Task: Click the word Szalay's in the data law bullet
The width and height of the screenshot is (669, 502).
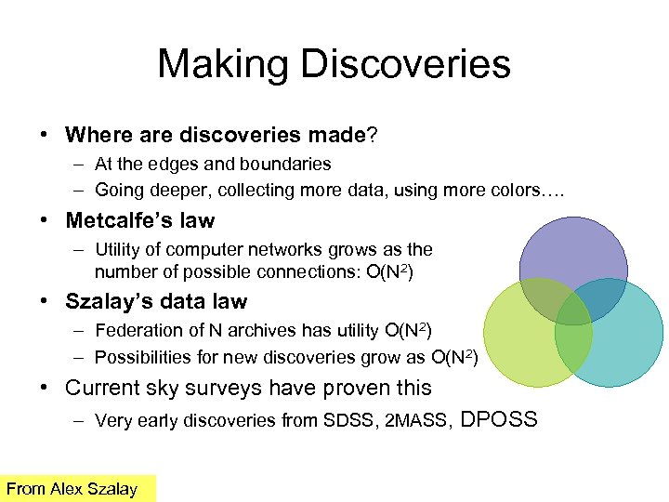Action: click(x=105, y=301)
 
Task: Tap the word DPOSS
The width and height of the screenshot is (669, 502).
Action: click(x=499, y=419)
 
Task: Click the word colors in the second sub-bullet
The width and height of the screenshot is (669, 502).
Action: click(x=523, y=191)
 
